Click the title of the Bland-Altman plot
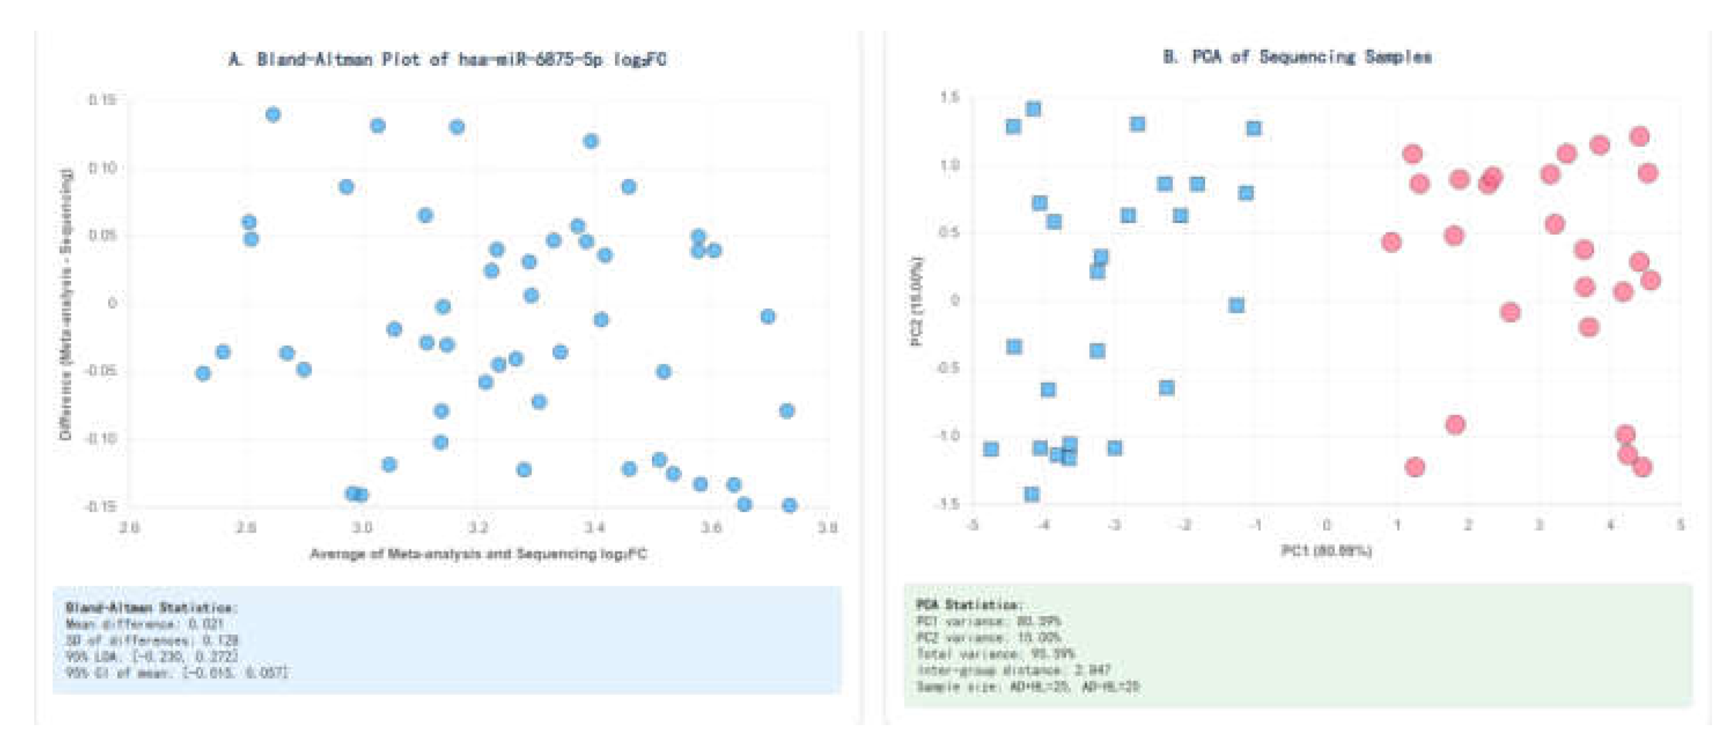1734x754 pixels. point(447,59)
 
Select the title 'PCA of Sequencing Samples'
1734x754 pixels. point(1297,57)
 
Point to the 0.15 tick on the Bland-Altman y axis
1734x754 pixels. point(102,99)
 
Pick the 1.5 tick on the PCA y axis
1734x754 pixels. point(949,98)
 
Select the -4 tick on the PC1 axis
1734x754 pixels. point(1043,524)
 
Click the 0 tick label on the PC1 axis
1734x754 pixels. point(1326,524)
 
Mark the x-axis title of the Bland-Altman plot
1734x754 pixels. point(478,554)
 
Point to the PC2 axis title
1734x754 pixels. point(917,301)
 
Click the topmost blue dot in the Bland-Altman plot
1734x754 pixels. point(273,114)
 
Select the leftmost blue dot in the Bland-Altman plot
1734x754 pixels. point(203,373)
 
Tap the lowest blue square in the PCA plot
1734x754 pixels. point(1031,494)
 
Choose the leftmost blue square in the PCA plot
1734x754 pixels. point(990,449)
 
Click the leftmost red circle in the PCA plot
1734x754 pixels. point(1391,242)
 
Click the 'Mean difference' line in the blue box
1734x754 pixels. point(144,624)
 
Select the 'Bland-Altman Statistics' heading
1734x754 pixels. point(151,608)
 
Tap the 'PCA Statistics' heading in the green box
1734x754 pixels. point(970,605)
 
